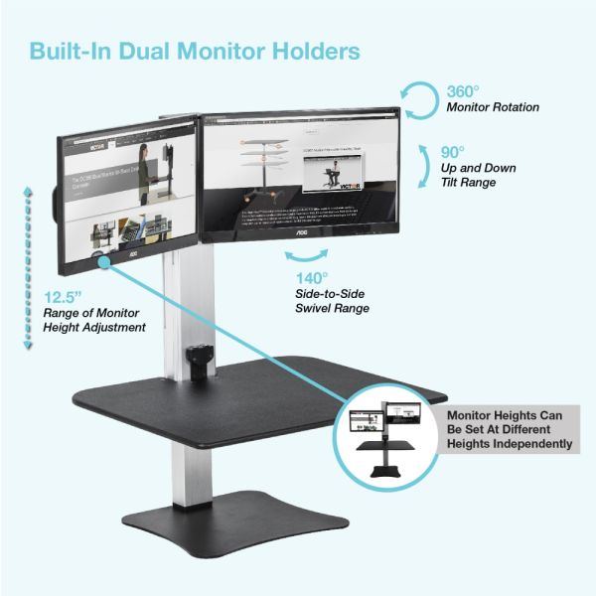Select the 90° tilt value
pos(452,153)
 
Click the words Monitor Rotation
pos(494,106)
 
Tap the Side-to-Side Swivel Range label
pos(332,301)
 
